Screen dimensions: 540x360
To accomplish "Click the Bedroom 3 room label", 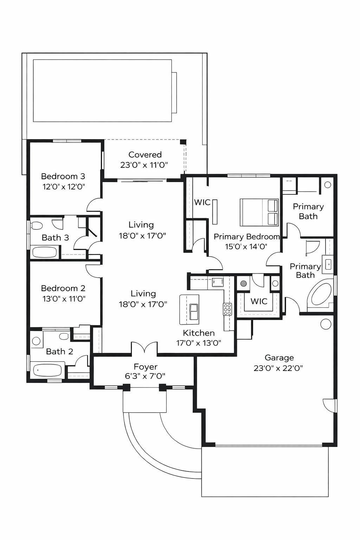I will click(x=63, y=176).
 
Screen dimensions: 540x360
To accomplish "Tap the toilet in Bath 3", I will click(x=37, y=225).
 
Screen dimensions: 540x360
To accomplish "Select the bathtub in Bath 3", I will click(x=44, y=252).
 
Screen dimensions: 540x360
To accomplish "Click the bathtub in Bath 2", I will click(x=47, y=370).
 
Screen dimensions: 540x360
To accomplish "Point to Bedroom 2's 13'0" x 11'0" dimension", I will click(x=64, y=299).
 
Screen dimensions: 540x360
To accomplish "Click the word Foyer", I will click(x=145, y=367).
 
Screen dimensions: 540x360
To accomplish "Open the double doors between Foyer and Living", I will click(x=144, y=348).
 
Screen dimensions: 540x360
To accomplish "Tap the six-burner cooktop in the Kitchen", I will click(x=227, y=309).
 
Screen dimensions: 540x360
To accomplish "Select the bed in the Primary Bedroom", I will click(x=259, y=212).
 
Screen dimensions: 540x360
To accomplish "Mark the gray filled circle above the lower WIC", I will click(x=243, y=283).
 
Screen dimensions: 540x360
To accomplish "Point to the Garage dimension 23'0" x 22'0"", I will click(x=278, y=368).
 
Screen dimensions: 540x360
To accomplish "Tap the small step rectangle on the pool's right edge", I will click(x=174, y=92).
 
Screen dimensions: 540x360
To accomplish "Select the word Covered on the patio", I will click(x=145, y=155).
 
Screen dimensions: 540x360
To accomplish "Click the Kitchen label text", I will click(x=199, y=333).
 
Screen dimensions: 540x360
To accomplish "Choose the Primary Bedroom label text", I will click(x=246, y=237).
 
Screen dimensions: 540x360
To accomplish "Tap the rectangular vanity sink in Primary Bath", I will click(x=328, y=264).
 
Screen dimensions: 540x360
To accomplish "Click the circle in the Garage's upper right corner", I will click(x=326, y=324).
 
